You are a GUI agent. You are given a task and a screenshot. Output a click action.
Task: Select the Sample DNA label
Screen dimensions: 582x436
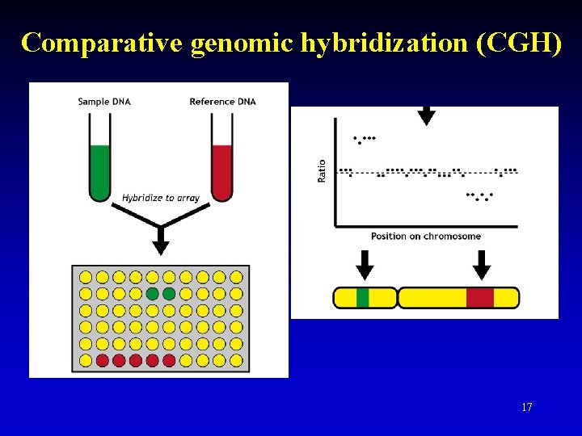pyautogui.click(x=104, y=102)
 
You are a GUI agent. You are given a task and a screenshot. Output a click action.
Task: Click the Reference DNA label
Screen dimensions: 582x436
pyautogui.click(x=222, y=102)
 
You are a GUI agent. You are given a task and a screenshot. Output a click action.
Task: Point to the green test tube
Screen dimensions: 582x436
pyautogui.click(x=100, y=170)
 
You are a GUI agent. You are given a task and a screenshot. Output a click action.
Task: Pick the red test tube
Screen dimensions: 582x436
pyautogui.click(x=221, y=170)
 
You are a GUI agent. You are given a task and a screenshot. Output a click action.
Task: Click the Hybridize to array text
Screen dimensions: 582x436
pyautogui.click(x=161, y=198)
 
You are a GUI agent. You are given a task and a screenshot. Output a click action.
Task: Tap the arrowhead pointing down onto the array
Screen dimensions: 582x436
pyautogui.click(x=161, y=246)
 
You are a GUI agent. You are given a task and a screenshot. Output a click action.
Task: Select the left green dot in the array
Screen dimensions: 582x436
pyautogui.click(x=152, y=294)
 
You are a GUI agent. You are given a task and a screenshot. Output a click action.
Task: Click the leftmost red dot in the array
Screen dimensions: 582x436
pyautogui.click(x=103, y=360)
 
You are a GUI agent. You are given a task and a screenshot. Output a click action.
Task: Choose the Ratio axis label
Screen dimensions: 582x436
pyautogui.click(x=322, y=170)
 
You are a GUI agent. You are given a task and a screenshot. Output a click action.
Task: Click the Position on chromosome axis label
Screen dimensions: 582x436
pyautogui.click(x=426, y=237)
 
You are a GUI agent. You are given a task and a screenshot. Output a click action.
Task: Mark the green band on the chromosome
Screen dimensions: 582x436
pyautogui.click(x=363, y=298)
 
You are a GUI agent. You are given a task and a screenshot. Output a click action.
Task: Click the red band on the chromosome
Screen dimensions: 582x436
pyautogui.click(x=479, y=298)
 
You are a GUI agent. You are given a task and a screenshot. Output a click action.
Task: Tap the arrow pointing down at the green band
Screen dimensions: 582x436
pyautogui.click(x=365, y=264)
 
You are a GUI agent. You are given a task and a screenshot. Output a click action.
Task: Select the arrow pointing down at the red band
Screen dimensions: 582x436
pyautogui.click(x=482, y=264)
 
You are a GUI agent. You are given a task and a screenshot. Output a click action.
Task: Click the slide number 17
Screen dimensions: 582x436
pyautogui.click(x=527, y=407)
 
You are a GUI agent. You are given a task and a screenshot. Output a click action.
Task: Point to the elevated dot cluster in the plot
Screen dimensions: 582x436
pyautogui.click(x=365, y=139)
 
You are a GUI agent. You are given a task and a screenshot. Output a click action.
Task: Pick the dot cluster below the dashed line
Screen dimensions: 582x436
pyautogui.click(x=480, y=195)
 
